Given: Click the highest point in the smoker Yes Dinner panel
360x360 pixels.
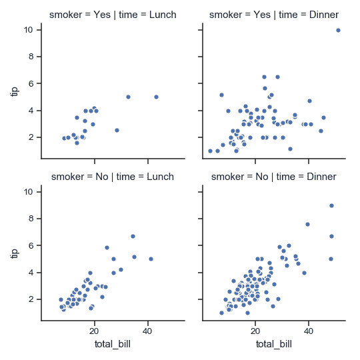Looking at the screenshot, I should pyautogui.click(x=338, y=30).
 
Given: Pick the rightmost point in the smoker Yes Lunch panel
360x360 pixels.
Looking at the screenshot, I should pyautogui.click(x=156, y=97).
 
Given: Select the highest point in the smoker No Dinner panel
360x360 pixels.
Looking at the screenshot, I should pyautogui.click(x=331, y=205).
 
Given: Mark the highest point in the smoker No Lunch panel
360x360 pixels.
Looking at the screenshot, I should pyautogui.click(x=133, y=236).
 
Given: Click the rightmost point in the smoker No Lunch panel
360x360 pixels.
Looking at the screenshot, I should pyautogui.click(x=151, y=259).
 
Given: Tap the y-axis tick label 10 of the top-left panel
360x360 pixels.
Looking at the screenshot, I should pyautogui.click(x=29, y=30).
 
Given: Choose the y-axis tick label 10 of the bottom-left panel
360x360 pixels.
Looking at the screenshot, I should pyautogui.click(x=29, y=192).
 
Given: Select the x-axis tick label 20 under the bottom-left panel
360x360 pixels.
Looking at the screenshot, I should pyautogui.click(x=94, y=332).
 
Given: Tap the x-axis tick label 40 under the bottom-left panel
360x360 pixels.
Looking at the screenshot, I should pyautogui.click(x=147, y=332).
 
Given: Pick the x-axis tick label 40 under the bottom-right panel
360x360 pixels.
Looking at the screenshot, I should pyautogui.click(x=308, y=332).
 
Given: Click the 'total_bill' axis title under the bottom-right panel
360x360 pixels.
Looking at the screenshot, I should pyautogui.click(x=273, y=345).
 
